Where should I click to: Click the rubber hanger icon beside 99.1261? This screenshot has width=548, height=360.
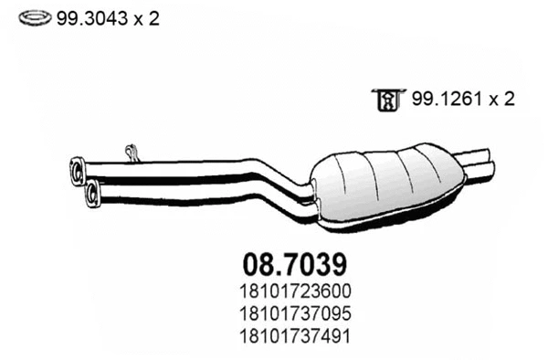[385, 99]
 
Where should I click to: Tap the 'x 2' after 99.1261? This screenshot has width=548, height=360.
[500, 99]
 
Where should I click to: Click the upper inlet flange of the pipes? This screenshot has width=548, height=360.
[77, 170]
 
